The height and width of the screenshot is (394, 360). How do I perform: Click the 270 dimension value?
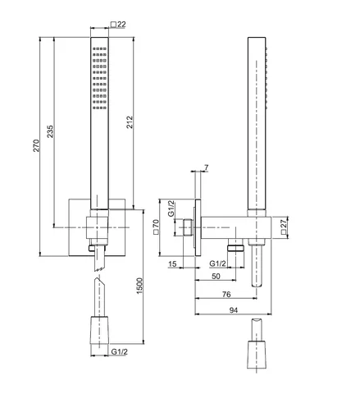36,145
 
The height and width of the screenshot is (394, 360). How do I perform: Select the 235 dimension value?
50,131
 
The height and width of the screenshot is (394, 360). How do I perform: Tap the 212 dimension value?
130,122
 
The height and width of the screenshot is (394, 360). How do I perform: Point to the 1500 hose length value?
139,286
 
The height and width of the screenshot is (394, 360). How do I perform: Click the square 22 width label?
118,25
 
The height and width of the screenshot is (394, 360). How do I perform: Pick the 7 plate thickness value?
207,167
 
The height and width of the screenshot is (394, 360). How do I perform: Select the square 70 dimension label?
156,227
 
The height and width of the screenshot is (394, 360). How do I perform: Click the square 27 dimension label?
284,227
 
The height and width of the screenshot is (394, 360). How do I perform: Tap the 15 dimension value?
172,263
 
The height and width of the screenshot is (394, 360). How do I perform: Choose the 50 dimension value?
216,276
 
